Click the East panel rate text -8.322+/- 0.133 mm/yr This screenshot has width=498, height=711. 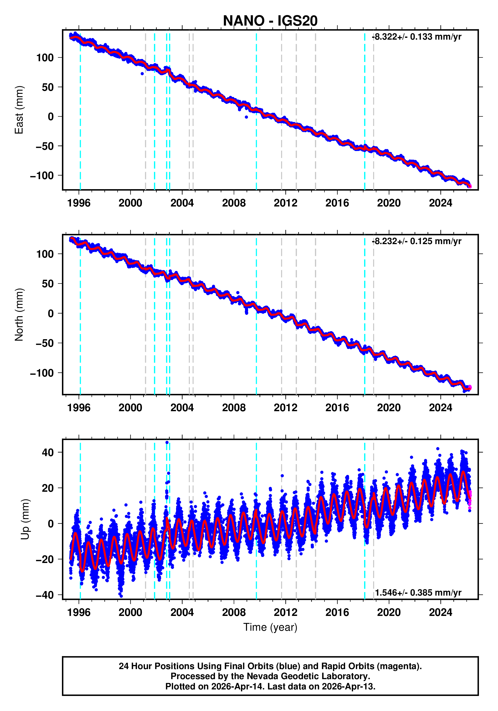tap(417, 37)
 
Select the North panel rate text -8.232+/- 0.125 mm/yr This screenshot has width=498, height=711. tap(417, 241)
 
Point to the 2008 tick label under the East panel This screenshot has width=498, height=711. tap(234, 203)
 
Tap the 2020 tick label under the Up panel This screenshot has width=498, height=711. tap(388, 612)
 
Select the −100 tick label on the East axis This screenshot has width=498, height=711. tap(42, 176)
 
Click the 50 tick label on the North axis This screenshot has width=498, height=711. tap(48, 284)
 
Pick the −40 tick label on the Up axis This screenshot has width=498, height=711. tap(45, 595)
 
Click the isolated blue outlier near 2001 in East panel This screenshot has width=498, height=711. tap(142, 74)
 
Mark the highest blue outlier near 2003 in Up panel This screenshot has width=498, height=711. tap(167, 443)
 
